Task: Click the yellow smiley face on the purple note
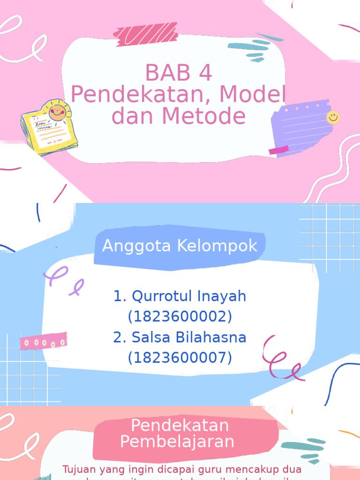click(333, 117)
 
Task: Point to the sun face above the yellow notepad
click(58, 112)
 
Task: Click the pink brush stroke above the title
click(145, 34)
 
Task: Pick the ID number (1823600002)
click(180, 317)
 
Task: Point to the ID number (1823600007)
click(180, 358)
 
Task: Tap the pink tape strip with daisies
click(44, 342)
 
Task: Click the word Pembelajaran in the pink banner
click(177, 442)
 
